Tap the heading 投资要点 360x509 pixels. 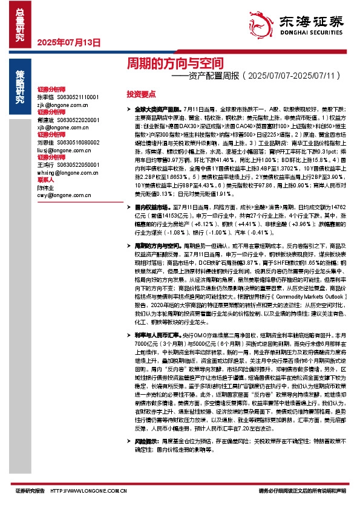pyautogui.click(x=141, y=94)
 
